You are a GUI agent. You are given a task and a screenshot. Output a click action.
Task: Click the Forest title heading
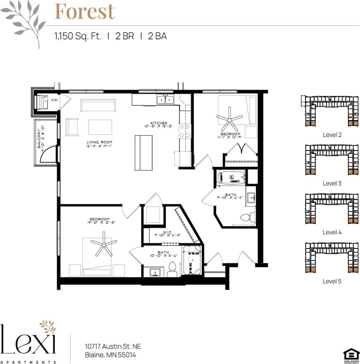click(85, 11)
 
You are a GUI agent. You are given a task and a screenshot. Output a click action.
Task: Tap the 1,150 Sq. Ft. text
click(78, 36)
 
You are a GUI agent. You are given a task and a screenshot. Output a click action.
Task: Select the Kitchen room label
click(159, 124)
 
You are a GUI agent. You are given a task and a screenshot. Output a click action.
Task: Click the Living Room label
click(99, 144)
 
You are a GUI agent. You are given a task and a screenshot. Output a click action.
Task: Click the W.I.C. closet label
click(167, 234)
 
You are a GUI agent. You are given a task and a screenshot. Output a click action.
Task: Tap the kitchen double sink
click(165, 100)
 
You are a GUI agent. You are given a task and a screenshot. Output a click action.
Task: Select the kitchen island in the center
click(143, 153)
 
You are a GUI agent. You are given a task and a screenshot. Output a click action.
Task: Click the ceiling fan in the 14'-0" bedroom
click(104, 244)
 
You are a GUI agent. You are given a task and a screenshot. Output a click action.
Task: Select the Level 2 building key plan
click(332, 111)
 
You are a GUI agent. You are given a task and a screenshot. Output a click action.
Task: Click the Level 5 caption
click(332, 281)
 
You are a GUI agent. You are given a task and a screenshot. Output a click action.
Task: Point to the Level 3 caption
click(332, 184)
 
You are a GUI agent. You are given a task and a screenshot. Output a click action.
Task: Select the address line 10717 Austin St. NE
click(113, 347)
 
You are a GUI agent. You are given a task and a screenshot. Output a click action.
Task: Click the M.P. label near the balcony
click(55, 100)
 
